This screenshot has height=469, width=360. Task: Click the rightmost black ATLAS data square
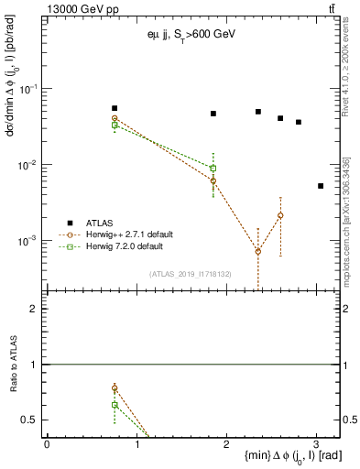tap(321, 186)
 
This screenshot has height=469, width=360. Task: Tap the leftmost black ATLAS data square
tap(115, 108)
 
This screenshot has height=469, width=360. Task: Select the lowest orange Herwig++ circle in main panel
tap(258, 251)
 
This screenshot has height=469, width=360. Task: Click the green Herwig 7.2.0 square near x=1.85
tap(213, 169)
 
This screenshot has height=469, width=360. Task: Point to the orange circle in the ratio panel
tap(115, 388)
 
